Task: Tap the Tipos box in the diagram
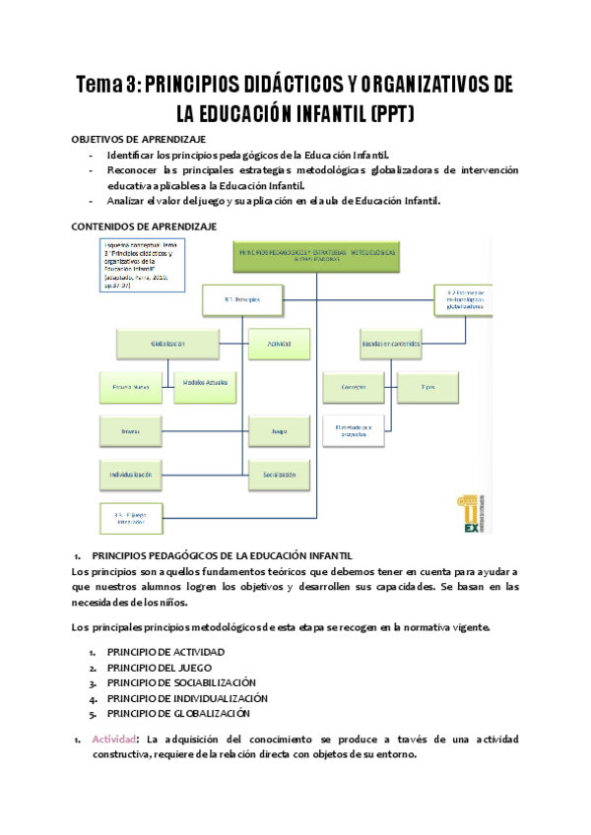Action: (x=427, y=387)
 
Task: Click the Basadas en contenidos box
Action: (x=390, y=344)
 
